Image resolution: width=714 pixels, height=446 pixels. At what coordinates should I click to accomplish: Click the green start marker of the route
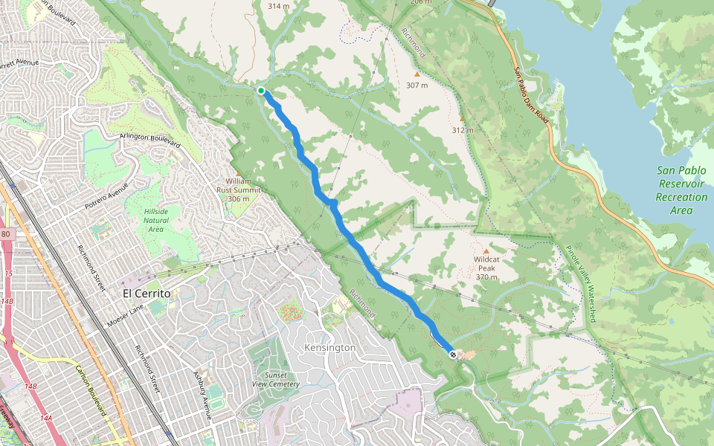pos(261,91)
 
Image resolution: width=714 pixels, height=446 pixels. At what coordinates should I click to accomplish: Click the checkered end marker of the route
pos(451,355)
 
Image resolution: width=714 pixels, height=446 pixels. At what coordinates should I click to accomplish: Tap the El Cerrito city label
pos(147,294)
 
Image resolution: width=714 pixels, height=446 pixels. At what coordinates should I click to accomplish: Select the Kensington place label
pos(330,347)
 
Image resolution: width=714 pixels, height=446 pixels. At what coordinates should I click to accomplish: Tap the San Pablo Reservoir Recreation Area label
pos(681,190)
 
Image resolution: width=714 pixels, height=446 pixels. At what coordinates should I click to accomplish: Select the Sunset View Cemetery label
pos(276,380)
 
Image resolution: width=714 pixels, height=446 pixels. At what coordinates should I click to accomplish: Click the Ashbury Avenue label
pos(203,395)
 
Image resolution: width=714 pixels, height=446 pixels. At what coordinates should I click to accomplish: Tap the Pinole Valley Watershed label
pos(580,283)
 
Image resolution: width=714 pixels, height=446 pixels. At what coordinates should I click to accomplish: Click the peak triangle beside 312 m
pos(462,118)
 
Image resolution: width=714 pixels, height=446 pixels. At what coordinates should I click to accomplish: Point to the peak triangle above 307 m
pos(416,74)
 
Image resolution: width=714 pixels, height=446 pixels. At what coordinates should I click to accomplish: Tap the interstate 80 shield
pos(7,235)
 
